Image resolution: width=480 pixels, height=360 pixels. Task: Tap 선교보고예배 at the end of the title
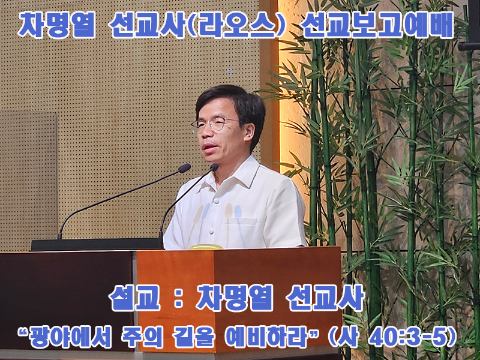click(377, 25)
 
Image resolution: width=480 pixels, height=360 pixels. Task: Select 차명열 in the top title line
click(56, 25)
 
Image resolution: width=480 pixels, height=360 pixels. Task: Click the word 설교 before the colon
click(134, 297)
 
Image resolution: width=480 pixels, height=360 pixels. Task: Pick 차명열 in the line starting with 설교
click(234, 297)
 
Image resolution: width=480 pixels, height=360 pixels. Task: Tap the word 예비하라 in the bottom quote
click(266, 338)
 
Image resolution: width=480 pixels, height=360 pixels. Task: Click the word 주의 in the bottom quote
click(142, 338)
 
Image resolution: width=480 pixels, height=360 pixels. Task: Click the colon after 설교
click(178, 299)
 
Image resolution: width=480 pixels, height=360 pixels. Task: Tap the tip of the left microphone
click(185, 168)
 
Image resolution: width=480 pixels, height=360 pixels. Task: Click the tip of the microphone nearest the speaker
click(214, 167)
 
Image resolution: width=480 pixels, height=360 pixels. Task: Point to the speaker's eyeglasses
click(217, 124)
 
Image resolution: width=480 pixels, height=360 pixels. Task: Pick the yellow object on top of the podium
click(206, 247)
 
